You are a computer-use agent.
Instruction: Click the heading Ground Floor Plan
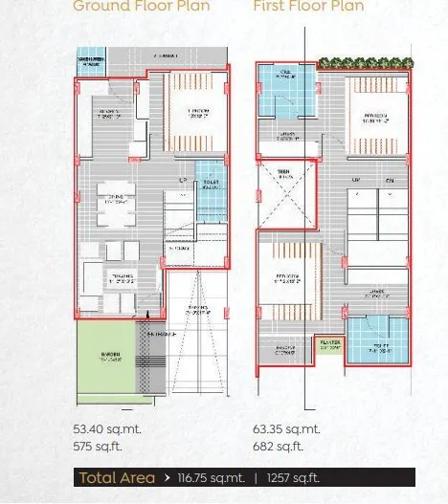pyautogui.click(x=141, y=6)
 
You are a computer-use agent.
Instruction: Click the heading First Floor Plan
pyautogui.click(x=309, y=6)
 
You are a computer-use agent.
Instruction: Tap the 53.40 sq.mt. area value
pyautogui.click(x=105, y=430)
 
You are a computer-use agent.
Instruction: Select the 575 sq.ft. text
pyautogui.click(x=98, y=447)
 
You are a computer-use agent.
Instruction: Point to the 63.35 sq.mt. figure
pyautogui.click(x=286, y=430)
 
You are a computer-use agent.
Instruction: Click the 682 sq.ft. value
pyautogui.click(x=278, y=447)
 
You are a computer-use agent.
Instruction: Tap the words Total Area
pyautogui.click(x=116, y=478)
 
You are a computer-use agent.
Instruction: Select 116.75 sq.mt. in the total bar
pyautogui.click(x=211, y=478)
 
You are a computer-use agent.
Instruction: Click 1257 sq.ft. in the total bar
pyautogui.click(x=293, y=478)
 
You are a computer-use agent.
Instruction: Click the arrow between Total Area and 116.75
pyautogui.click(x=168, y=478)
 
